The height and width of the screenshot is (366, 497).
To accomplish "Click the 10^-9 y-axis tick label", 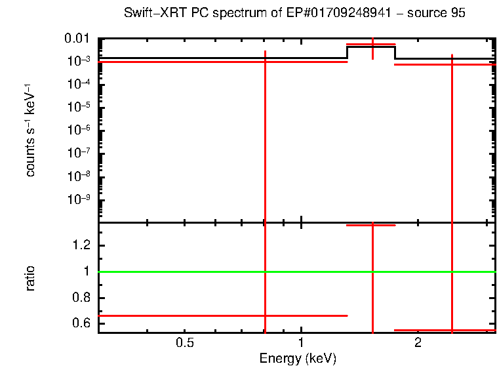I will (80, 199).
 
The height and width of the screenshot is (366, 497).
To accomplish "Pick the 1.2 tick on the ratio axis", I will (82, 245).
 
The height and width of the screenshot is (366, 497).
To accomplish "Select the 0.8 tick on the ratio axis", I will (82, 298).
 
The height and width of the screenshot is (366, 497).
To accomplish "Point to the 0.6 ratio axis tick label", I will (82, 323).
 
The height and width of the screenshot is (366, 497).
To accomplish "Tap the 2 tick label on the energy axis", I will (417, 342).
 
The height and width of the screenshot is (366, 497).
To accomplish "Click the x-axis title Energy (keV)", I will (298, 358).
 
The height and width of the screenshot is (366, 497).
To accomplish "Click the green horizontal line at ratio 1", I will (197, 272).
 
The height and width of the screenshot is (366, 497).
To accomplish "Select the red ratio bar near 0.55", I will (472, 330).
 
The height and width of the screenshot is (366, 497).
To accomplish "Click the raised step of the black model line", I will (371, 47).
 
